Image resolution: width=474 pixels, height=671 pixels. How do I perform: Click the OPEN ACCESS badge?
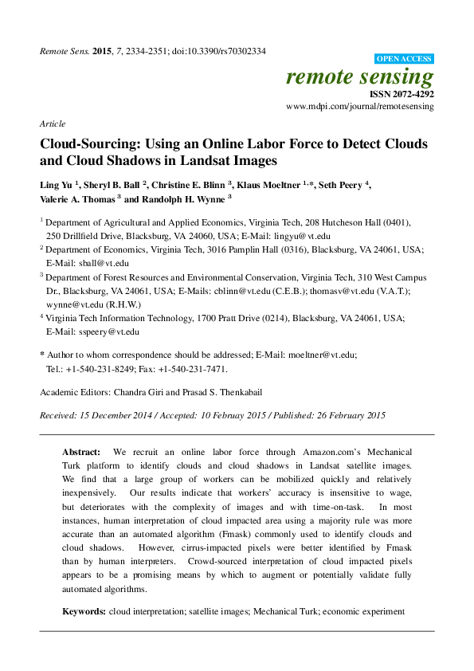click(404, 58)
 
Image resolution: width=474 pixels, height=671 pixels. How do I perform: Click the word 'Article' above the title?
click(52, 125)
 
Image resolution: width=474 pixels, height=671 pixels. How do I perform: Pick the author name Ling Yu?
click(58, 185)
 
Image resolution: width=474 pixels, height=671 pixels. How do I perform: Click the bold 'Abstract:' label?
click(83, 451)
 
